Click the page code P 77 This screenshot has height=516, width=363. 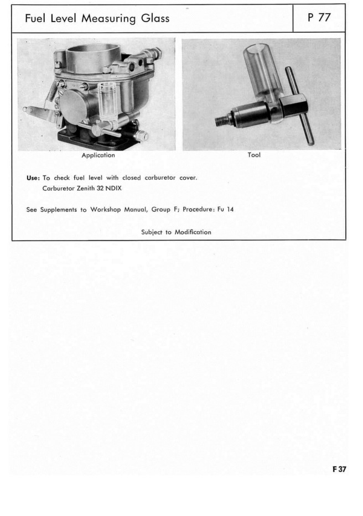click(319, 18)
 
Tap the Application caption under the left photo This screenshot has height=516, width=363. click(98, 155)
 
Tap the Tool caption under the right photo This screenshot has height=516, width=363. click(254, 155)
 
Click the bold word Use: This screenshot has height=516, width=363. click(33, 178)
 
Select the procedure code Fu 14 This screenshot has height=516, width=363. click(226, 210)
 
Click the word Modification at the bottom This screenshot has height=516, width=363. click(193, 232)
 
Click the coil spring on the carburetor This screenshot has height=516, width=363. click(51, 89)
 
